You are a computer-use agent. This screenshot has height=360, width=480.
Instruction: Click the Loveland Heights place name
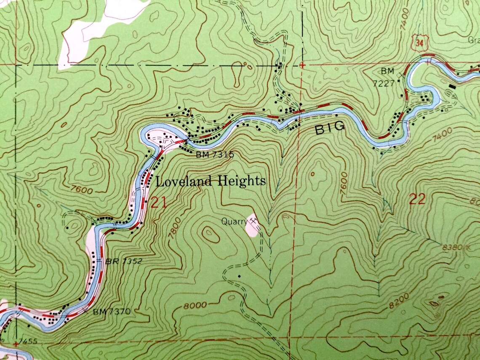pyautogui.click(x=211, y=181)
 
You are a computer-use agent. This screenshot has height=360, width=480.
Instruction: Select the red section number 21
pyautogui.click(x=158, y=203)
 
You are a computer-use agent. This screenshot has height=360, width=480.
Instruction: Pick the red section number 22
pyautogui.click(x=417, y=199)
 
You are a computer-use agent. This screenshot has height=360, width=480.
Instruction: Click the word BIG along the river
pyautogui.click(x=330, y=128)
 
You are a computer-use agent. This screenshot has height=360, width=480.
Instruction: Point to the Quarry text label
pyautogui.click(x=234, y=221)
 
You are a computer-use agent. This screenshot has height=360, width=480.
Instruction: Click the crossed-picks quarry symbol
pyautogui.click(x=253, y=220)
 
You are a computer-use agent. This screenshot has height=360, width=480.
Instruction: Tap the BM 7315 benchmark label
pyautogui.click(x=214, y=155)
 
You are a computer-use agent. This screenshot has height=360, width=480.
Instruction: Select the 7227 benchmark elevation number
pyautogui.click(x=384, y=83)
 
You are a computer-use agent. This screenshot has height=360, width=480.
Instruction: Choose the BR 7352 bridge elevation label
pyautogui.click(x=124, y=261)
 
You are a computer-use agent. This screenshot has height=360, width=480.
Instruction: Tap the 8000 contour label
pyautogui.click(x=195, y=306)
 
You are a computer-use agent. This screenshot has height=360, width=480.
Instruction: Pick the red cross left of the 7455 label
pyautogui.click(x=16, y=344)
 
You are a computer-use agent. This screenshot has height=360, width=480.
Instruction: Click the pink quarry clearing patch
pyautogui.click(x=252, y=227)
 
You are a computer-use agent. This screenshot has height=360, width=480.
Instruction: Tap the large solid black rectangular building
pyautogui.click(x=452, y=86)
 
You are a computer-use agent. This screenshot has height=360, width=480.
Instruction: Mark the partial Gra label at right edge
pyautogui.click(x=474, y=41)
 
